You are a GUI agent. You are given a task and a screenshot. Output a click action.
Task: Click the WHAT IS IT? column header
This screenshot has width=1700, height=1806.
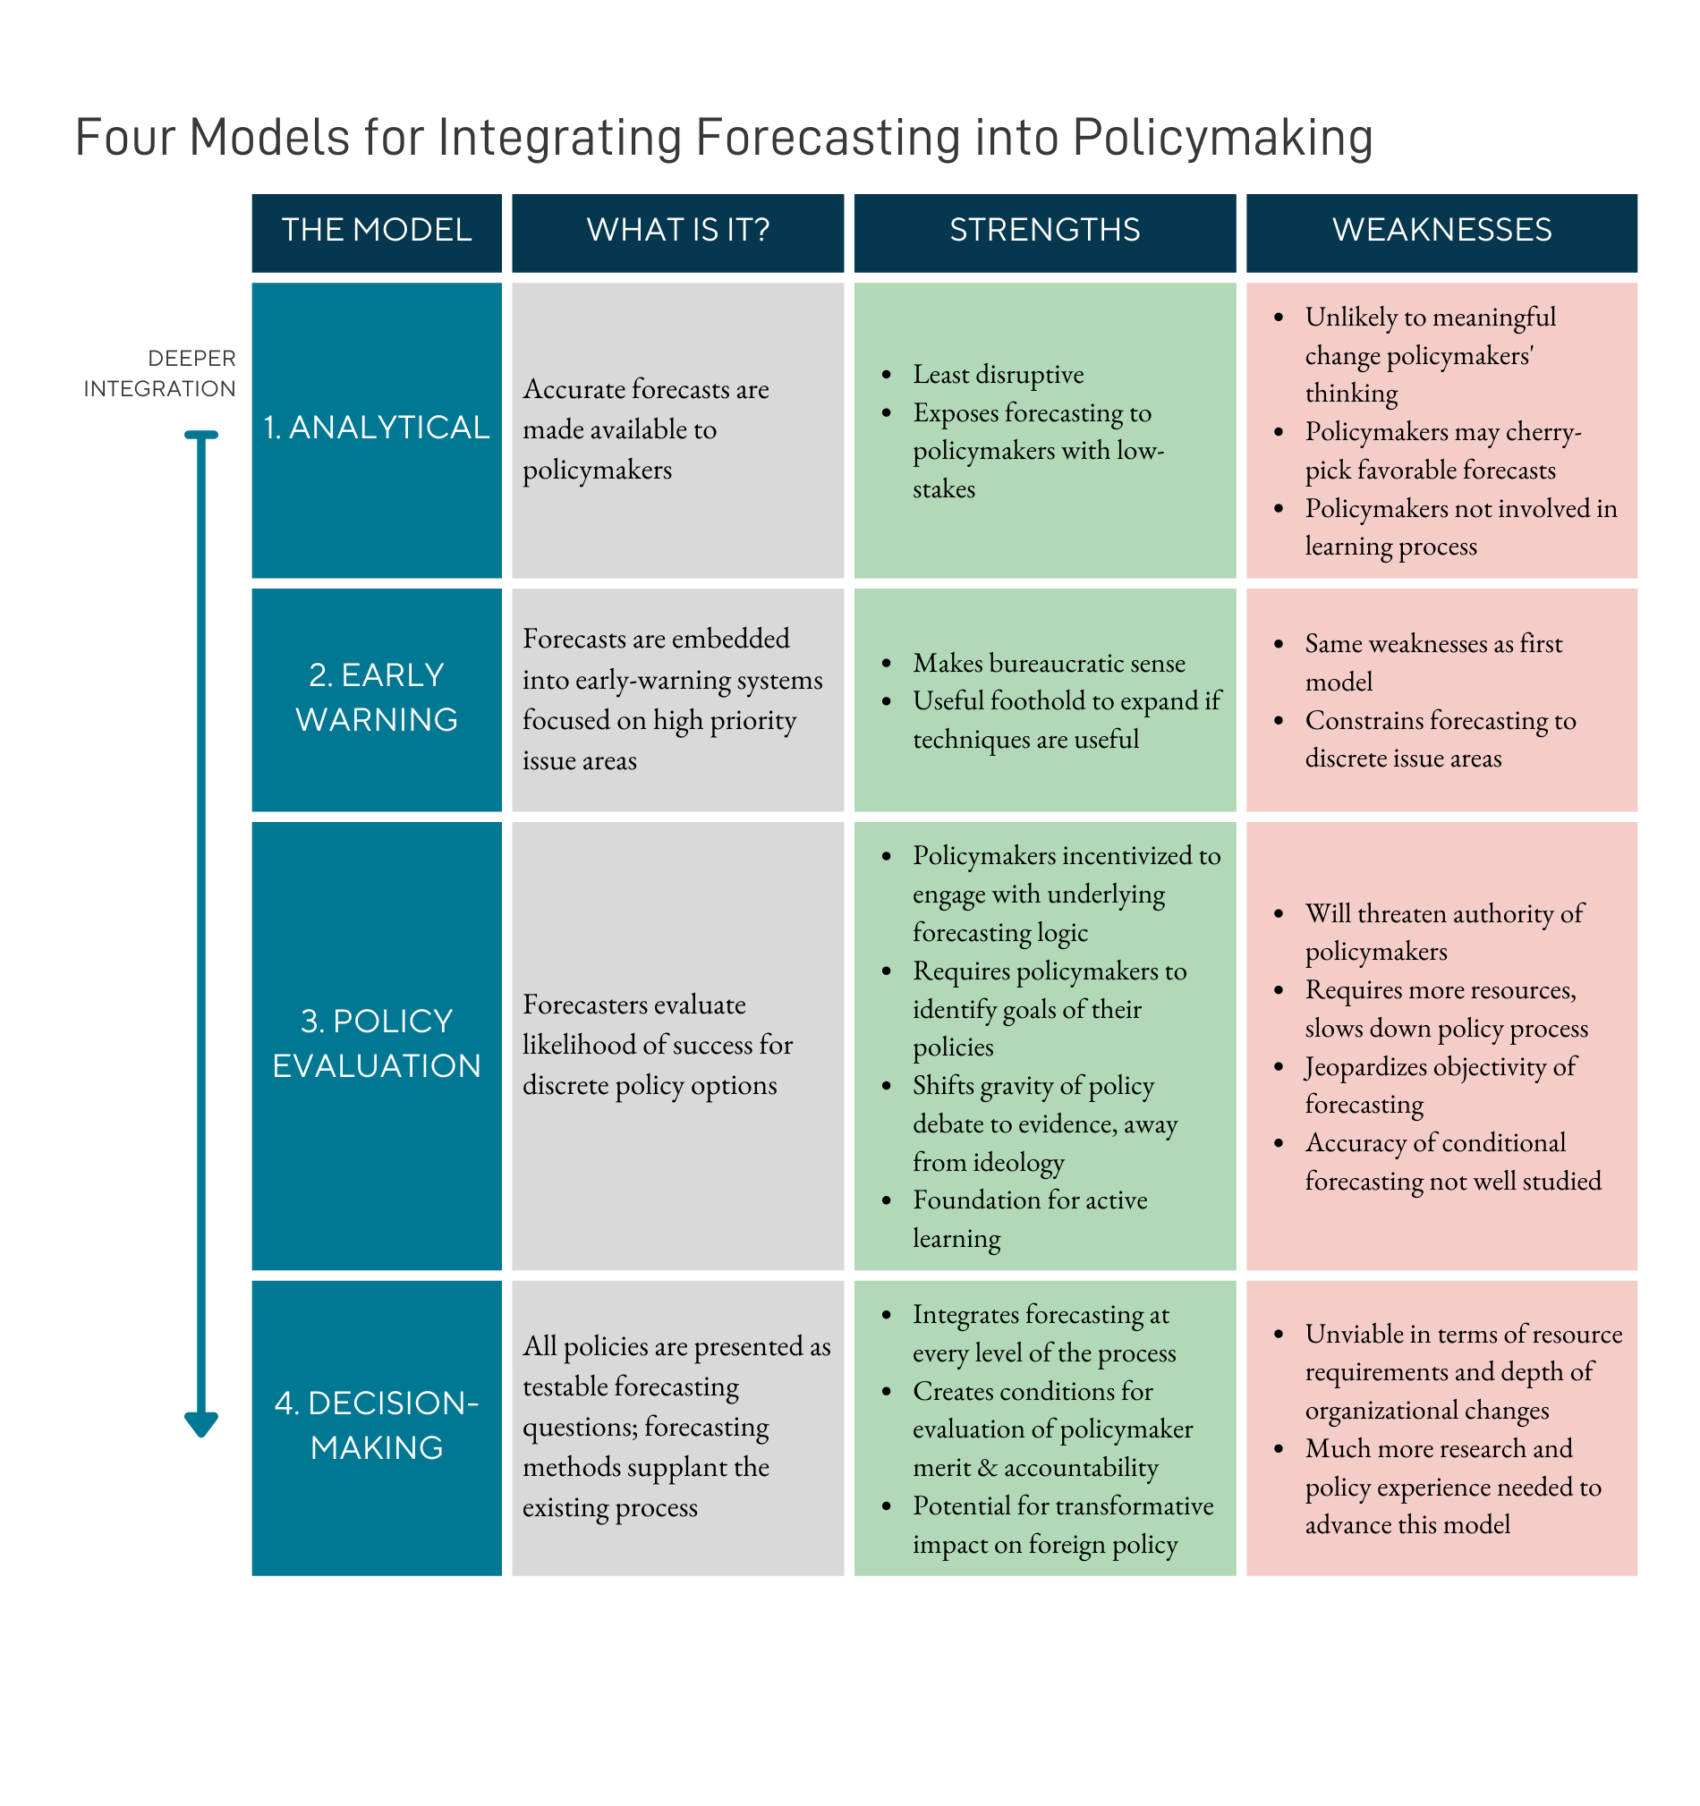click(x=678, y=231)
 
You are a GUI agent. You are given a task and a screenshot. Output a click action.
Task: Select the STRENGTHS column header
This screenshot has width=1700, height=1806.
click(x=1044, y=231)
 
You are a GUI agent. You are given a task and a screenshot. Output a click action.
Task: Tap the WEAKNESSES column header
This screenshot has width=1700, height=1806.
click(x=1441, y=231)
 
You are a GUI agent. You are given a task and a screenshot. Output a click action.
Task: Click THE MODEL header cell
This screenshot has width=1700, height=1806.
click(x=376, y=231)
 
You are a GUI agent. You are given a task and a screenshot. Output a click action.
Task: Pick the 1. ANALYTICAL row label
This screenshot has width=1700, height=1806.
click(x=376, y=428)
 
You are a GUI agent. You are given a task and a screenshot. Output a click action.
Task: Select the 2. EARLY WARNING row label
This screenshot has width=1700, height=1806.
click(x=376, y=698)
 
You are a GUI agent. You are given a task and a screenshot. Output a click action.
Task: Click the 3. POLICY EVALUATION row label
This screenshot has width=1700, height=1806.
click(x=376, y=1044)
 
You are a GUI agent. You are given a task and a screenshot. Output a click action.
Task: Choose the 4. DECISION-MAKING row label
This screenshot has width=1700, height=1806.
click(x=376, y=1425)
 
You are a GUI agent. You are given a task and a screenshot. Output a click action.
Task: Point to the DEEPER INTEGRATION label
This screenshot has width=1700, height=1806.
click(x=161, y=373)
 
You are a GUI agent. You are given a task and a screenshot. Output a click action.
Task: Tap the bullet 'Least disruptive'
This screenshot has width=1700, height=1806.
click(x=998, y=374)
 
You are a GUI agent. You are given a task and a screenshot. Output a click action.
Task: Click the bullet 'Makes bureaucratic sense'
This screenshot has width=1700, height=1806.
click(x=1049, y=663)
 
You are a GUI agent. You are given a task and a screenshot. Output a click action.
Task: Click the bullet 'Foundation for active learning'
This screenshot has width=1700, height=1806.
click(x=1030, y=1219)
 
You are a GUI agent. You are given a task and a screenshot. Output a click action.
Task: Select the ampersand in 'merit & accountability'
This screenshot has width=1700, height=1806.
click(x=987, y=1468)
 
